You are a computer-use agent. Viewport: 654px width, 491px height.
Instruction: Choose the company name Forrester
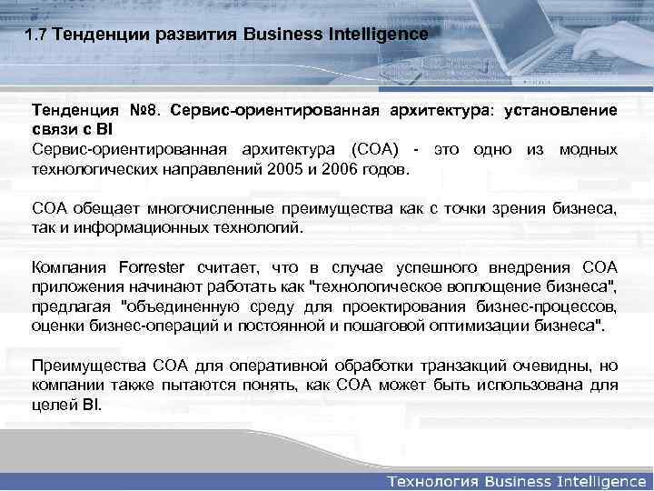point(152,266)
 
